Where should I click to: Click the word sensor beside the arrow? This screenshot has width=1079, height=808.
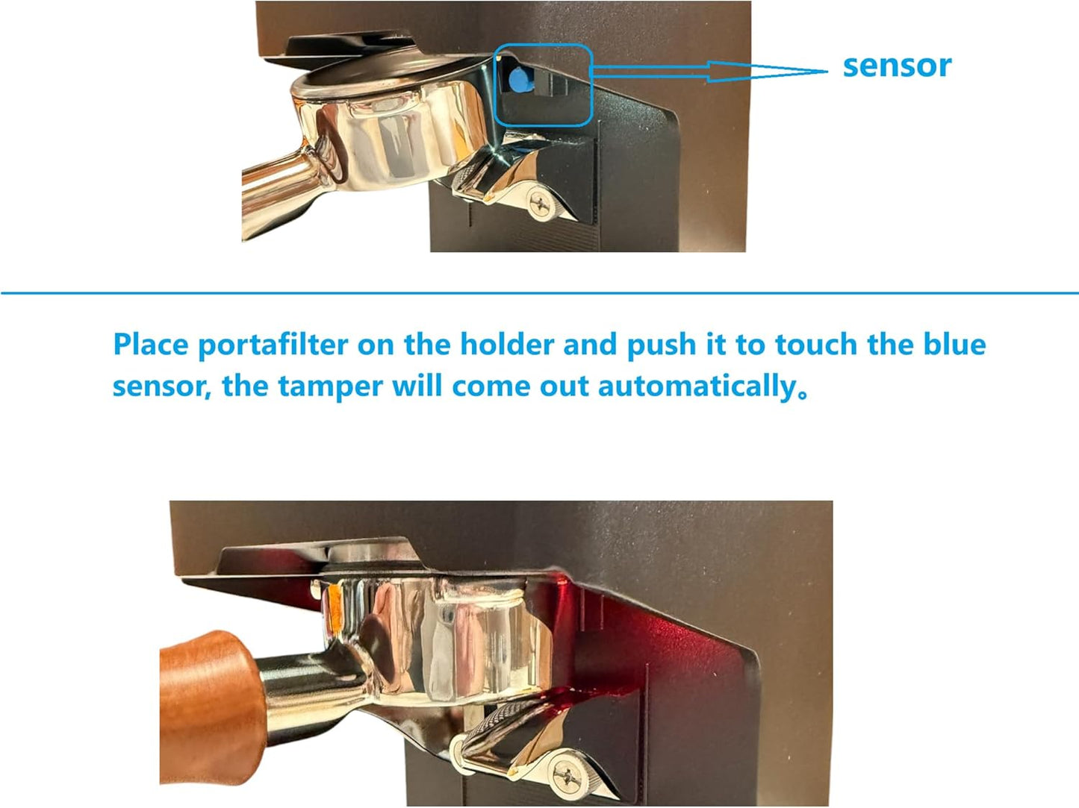click(x=897, y=66)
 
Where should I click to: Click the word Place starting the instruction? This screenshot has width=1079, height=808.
click(x=150, y=345)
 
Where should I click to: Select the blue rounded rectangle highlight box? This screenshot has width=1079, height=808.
click(x=544, y=46)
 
